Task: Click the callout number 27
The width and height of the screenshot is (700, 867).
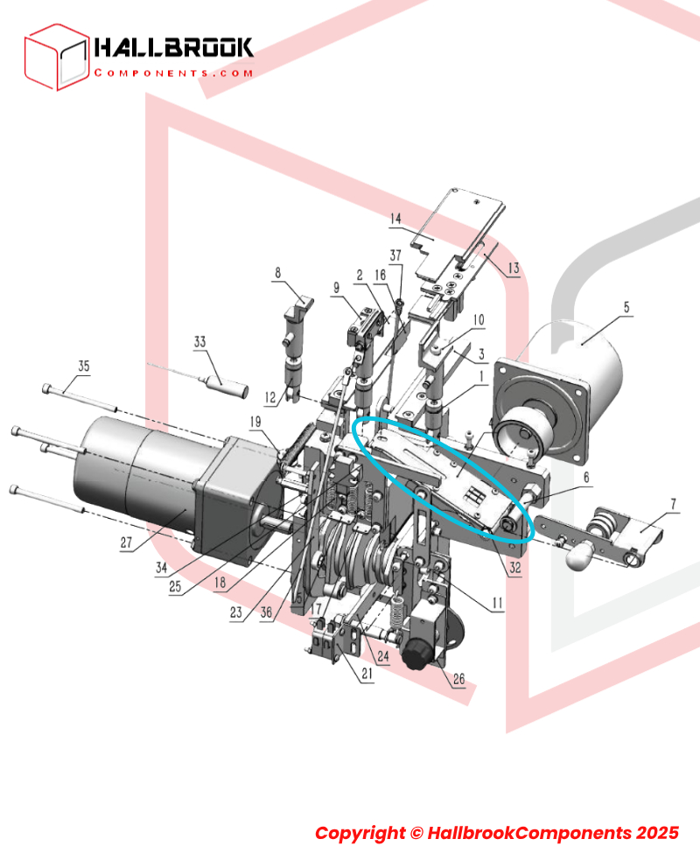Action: (127, 542)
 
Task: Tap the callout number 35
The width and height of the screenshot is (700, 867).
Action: (83, 366)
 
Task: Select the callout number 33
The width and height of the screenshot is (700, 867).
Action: (199, 342)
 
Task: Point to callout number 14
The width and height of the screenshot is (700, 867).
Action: (395, 219)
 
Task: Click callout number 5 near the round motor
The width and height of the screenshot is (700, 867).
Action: (626, 307)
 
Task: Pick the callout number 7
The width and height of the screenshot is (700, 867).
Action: (672, 504)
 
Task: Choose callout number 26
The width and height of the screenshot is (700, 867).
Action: (458, 679)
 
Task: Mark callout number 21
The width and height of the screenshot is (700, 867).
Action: (367, 674)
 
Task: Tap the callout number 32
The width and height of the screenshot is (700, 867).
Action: (515, 567)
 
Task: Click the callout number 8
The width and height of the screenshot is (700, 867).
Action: (277, 273)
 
